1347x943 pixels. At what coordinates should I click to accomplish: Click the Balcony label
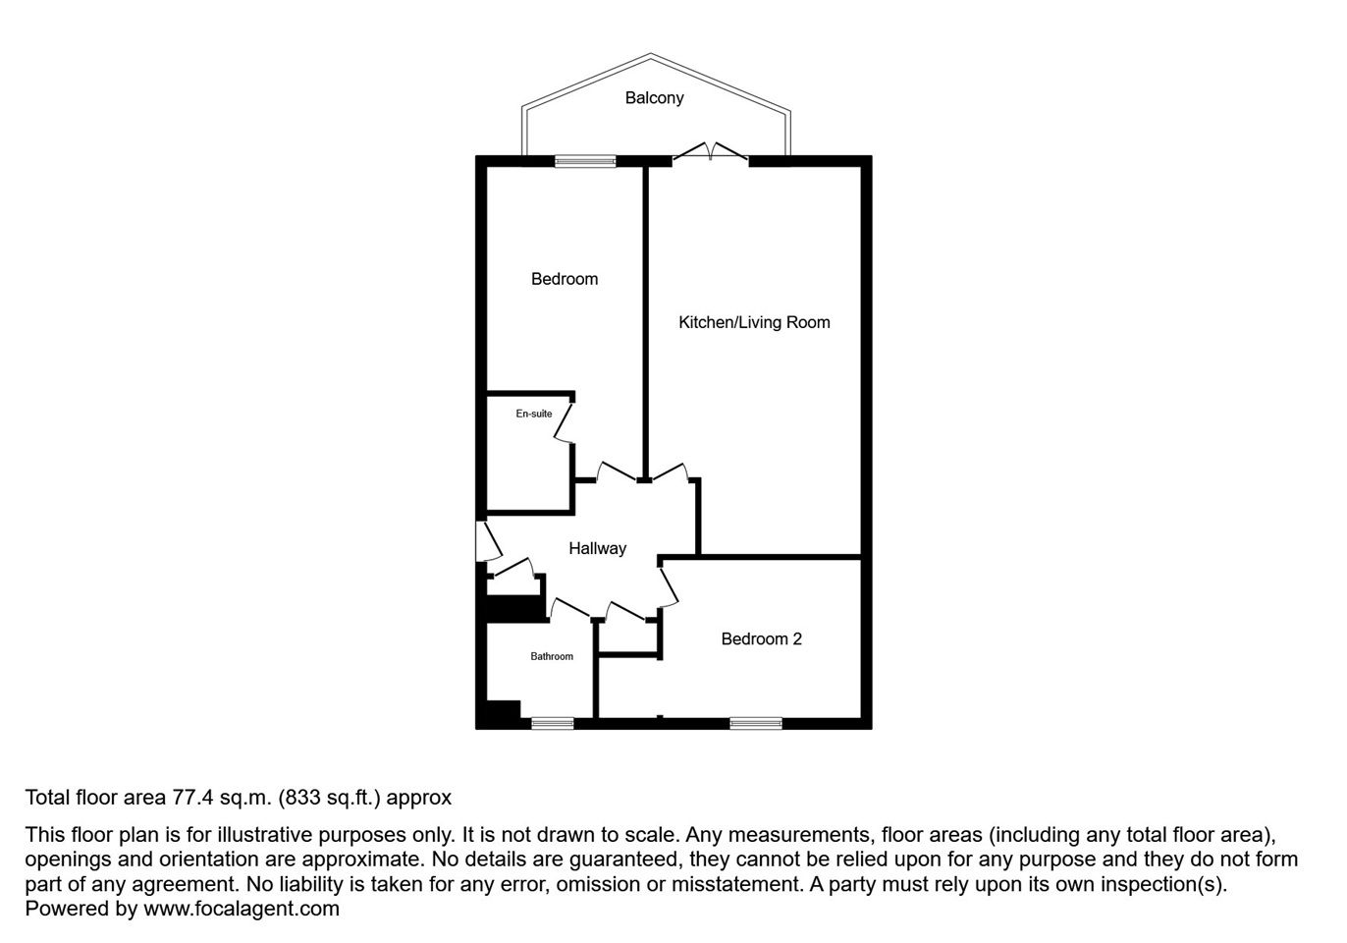654,98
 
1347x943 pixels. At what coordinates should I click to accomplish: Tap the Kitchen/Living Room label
754,322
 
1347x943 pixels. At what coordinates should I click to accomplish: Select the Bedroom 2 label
761,638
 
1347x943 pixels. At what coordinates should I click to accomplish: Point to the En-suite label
534,414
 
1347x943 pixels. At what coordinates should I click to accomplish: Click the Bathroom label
552,656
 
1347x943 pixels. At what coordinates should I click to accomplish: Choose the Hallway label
598,548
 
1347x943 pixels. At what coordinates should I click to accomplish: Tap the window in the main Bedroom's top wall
585,161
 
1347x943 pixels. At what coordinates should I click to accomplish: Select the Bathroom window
553,723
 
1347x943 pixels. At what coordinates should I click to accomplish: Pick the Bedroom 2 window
756,723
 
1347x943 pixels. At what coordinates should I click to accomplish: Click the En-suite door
565,423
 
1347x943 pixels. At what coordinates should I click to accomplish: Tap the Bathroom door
568,609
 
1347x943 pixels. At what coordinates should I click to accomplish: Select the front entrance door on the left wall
488,541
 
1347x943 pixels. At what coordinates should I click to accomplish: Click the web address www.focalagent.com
242,908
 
